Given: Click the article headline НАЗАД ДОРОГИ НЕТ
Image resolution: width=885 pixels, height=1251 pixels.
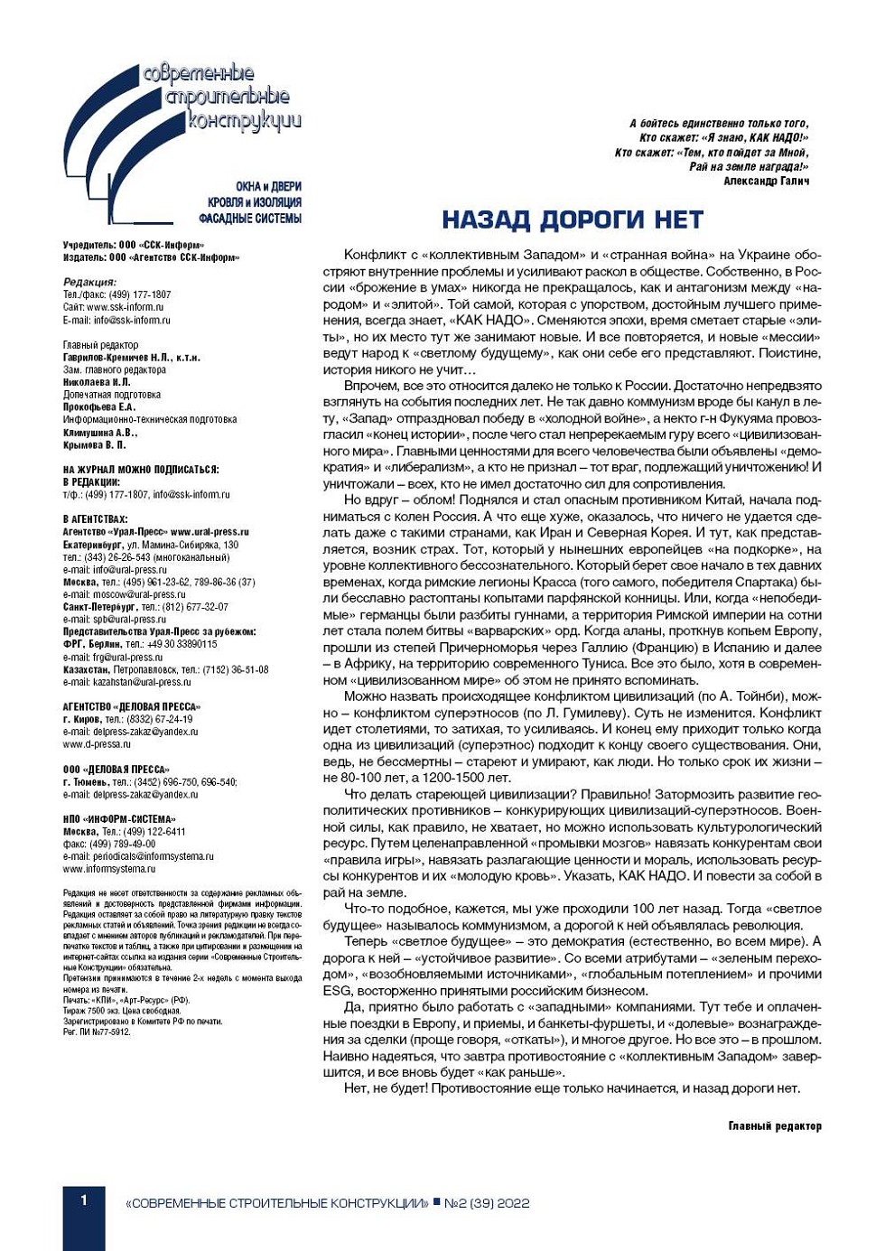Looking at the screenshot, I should (572, 219).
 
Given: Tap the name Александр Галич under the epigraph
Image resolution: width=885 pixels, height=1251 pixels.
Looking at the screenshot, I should (766, 181).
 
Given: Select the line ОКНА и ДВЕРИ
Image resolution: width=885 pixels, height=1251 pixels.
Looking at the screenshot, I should (268, 187).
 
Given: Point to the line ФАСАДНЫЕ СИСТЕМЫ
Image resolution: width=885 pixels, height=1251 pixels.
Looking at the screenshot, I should (250, 219).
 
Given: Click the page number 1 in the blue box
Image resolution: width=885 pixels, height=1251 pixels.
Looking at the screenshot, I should (84, 1200).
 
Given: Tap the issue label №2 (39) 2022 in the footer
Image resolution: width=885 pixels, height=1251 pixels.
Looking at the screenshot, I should (487, 1203).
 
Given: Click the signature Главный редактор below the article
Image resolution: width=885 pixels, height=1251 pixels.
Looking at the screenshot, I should (775, 1125).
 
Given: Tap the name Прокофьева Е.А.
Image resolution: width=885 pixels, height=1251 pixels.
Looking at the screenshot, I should (99, 407).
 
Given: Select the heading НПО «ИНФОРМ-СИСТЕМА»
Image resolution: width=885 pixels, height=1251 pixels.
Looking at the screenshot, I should (119, 819).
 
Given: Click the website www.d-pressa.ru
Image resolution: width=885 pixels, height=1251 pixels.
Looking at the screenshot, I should (97, 744).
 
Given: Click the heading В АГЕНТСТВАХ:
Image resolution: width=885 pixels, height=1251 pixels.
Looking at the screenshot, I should (95, 519).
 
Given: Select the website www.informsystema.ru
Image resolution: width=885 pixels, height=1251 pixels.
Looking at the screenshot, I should (108, 869).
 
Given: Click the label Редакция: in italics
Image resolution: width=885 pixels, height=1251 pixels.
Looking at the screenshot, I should (89, 282).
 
